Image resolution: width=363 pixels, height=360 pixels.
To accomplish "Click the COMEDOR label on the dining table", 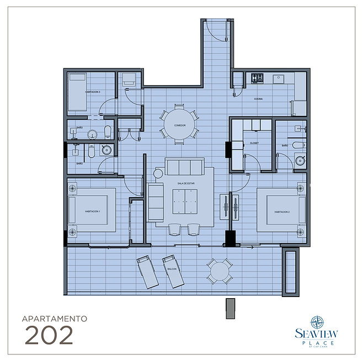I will click(x=179, y=126).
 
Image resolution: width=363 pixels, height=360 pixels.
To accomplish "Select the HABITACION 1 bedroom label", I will click(x=92, y=211).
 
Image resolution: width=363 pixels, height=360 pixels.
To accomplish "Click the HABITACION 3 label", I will click(x=92, y=92).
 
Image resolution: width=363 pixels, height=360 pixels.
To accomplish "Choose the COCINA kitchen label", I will click(x=258, y=99).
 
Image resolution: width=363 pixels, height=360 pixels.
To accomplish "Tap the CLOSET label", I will click(x=254, y=142).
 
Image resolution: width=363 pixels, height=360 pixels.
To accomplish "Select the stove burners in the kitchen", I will click(x=258, y=78).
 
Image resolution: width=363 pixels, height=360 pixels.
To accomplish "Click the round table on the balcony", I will click(x=219, y=271).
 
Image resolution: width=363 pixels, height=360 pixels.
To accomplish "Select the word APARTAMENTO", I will click(x=54, y=319).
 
